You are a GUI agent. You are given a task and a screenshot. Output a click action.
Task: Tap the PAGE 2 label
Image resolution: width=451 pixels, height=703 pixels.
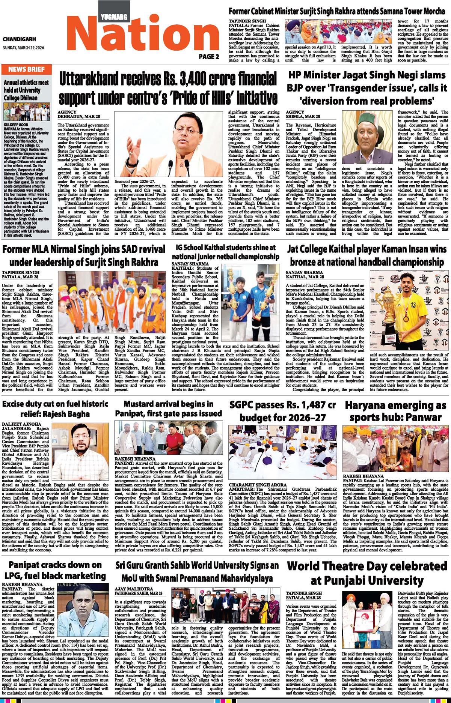(209, 57)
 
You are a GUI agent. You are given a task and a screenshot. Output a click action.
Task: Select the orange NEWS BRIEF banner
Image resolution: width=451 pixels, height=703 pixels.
(26, 69)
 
